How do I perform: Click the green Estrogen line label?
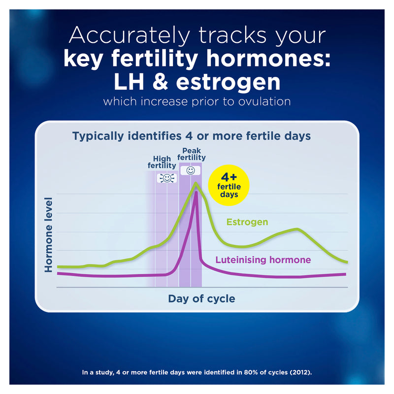click(247, 222)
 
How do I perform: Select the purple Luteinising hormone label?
click(263, 260)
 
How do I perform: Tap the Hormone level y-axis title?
click(49, 234)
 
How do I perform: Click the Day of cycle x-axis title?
click(201, 298)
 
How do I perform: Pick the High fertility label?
click(162, 163)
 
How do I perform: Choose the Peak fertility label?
click(191, 154)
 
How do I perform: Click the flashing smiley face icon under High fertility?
click(166, 178)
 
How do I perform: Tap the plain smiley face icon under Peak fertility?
click(191, 170)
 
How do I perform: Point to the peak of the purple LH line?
click(197, 192)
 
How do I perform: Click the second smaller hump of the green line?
click(296, 229)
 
